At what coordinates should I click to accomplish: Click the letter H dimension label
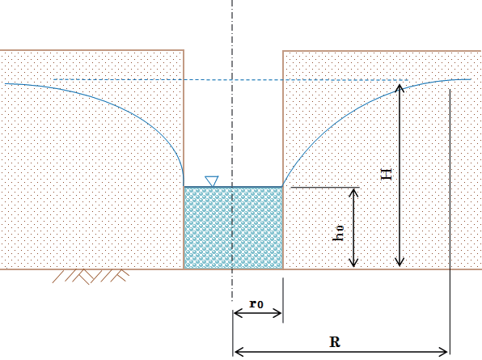(387, 174)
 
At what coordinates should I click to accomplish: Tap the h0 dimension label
(338, 233)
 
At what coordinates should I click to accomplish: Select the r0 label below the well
(256, 303)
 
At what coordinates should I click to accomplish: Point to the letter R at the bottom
(335, 341)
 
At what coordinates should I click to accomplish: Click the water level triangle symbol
(212, 181)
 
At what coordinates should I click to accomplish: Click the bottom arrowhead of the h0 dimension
(353, 264)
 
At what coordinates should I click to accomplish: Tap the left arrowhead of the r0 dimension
(236, 314)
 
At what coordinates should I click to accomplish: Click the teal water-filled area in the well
(233, 228)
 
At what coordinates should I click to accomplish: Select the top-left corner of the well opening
(184, 50)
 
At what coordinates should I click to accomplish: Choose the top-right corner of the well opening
(283, 51)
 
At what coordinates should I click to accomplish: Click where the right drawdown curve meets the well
(282, 186)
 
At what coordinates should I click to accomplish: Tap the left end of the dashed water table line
(54, 79)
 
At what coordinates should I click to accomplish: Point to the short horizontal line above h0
(325, 187)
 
